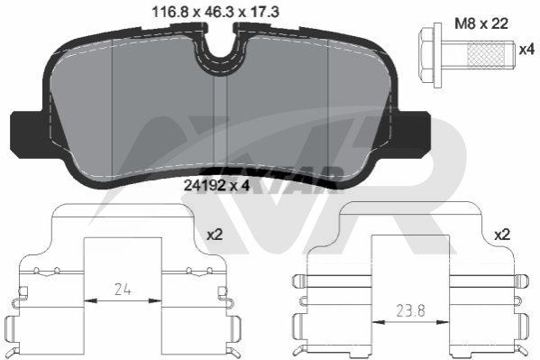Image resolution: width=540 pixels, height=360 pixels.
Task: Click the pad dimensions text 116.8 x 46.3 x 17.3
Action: pyautogui.click(x=215, y=13)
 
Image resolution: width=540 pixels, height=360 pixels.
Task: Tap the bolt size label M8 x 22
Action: pyautogui.click(x=481, y=23)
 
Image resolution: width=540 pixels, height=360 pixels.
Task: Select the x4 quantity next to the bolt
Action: pyautogui.click(x=526, y=50)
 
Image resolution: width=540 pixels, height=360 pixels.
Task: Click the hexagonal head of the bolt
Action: pyautogui.click(x=426, y=55)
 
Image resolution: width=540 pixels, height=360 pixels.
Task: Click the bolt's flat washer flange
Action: pyautogui.click(x=438, y=56)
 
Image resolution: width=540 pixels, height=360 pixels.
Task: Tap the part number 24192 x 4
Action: pyautogui.click(x=216, y=186)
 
